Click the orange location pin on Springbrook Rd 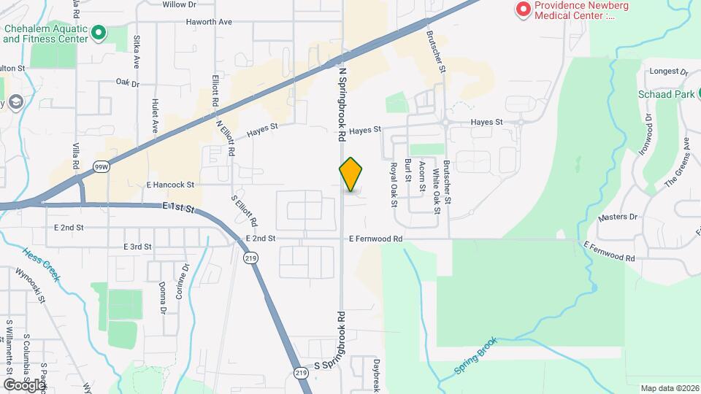coord(350,174)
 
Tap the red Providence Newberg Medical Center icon coord(523,9)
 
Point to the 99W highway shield coord(101,166)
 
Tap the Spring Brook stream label coord(475,356)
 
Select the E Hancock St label coord(170,185)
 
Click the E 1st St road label coord(179,209)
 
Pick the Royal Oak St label coord(393,185)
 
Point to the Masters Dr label coord(617,217)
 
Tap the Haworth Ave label coord(208,22)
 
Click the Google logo coord(24,385)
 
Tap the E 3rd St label coord(137,247)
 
